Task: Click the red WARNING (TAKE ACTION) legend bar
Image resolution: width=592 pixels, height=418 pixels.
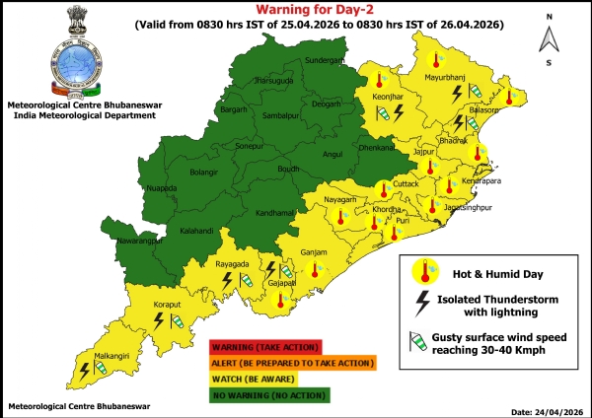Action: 264,346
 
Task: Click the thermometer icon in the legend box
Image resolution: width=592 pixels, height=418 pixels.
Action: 426,269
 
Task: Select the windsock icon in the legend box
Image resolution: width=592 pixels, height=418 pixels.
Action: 424,342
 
